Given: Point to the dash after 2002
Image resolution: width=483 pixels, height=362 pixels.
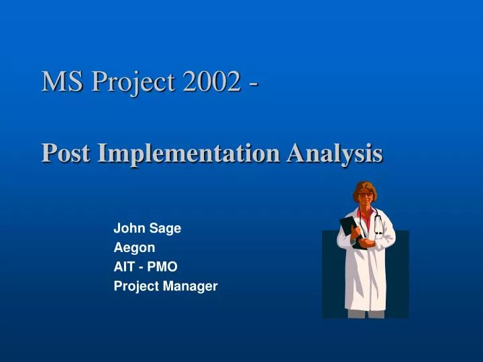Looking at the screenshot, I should [254, 83].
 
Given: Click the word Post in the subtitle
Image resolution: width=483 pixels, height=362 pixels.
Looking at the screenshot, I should [66, 153].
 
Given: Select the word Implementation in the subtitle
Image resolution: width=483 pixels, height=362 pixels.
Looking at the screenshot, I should [189, 153].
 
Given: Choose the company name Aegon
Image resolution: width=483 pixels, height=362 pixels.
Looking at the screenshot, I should [134, 247].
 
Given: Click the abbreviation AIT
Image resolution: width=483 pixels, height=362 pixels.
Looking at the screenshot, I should [123, 266].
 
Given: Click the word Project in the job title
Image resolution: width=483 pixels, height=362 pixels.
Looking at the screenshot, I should [134, 286].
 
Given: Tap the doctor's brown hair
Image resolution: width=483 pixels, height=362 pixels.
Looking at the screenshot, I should [366, 186].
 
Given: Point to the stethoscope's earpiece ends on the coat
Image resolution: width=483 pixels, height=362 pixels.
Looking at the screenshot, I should [379, 232].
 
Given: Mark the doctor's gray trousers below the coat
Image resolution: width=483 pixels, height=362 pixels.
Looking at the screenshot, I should [366, 314].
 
